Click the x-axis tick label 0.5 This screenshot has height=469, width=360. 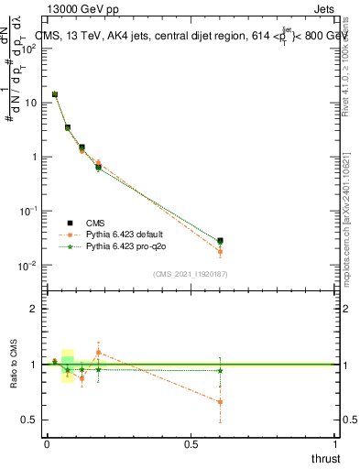(x=191, y=443)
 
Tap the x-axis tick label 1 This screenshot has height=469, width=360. (x=336, y=443)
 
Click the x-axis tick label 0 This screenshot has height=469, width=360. (x=47, y=443)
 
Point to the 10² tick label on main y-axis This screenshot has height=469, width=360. (x=29, y=49)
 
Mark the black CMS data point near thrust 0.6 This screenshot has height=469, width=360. (x=220, y=241)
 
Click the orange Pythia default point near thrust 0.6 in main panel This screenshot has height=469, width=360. (x=220, y=252)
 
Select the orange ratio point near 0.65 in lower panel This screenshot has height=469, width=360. (x=220, y=401)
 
